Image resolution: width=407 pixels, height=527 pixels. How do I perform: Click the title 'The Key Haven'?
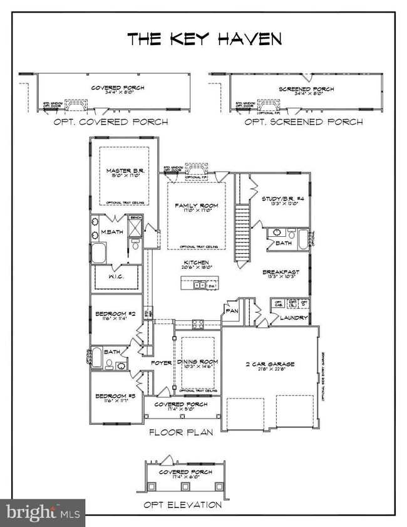[204, 39]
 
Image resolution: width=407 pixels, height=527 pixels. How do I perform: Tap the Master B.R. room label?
[123, 170]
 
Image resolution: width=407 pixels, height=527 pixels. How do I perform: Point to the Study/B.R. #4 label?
[282, 199]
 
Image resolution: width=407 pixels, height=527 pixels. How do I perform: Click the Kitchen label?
[196, 263]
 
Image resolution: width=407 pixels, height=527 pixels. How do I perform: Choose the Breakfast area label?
[281, 272]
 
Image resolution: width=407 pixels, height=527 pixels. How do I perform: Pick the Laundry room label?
[293, 318]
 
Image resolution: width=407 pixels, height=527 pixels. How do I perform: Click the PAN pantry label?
[232, 310]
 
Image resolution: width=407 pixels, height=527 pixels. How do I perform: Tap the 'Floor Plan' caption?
[180, 432]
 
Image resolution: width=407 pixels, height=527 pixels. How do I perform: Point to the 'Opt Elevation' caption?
[182, 504]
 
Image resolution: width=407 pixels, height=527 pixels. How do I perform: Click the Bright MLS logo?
[43, 513]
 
